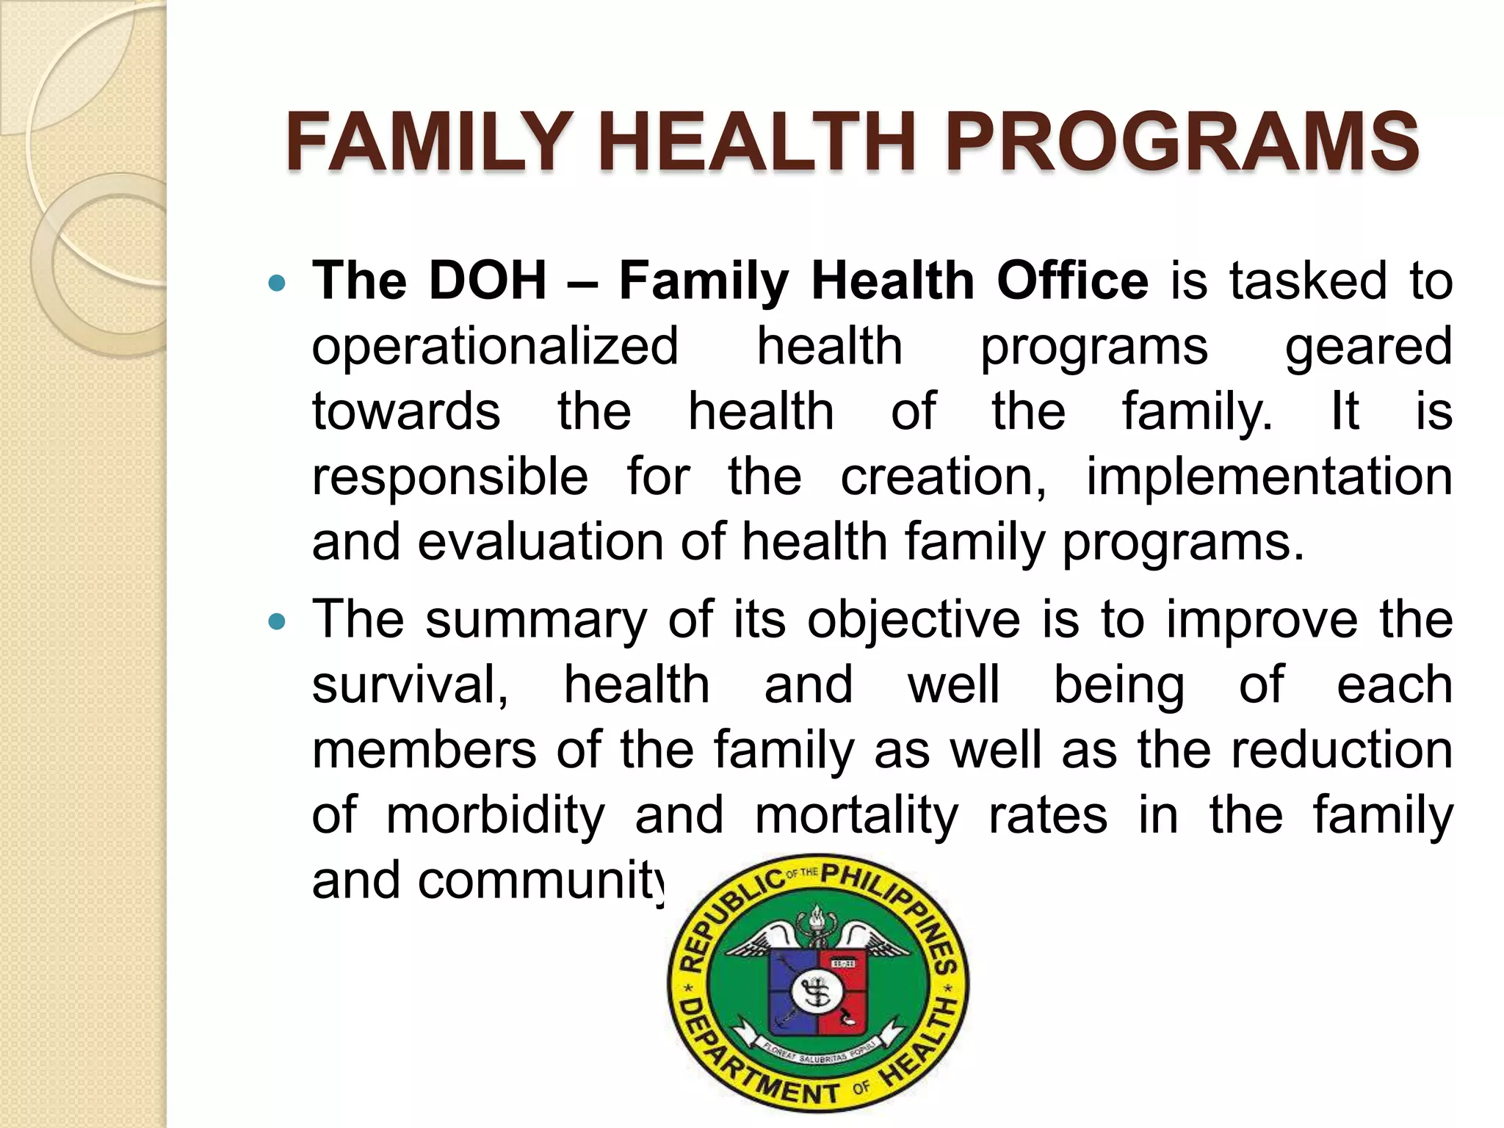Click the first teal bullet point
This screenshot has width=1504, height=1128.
click(276, 283)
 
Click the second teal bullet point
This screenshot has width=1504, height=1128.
click(276, 622)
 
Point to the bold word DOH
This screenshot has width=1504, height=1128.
click(488, 281)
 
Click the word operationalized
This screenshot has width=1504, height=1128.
click(495, 347)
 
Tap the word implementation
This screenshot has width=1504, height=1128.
click(1269, 477)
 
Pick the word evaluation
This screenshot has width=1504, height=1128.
click(541, 542)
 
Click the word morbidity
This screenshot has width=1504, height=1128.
click(496, 815)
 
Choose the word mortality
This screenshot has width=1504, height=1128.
click(856, 815)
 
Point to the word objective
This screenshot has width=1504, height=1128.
click(914, 620)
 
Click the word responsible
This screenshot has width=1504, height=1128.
click(449, 477)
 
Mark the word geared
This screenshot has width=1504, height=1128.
click(1368, 347)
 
